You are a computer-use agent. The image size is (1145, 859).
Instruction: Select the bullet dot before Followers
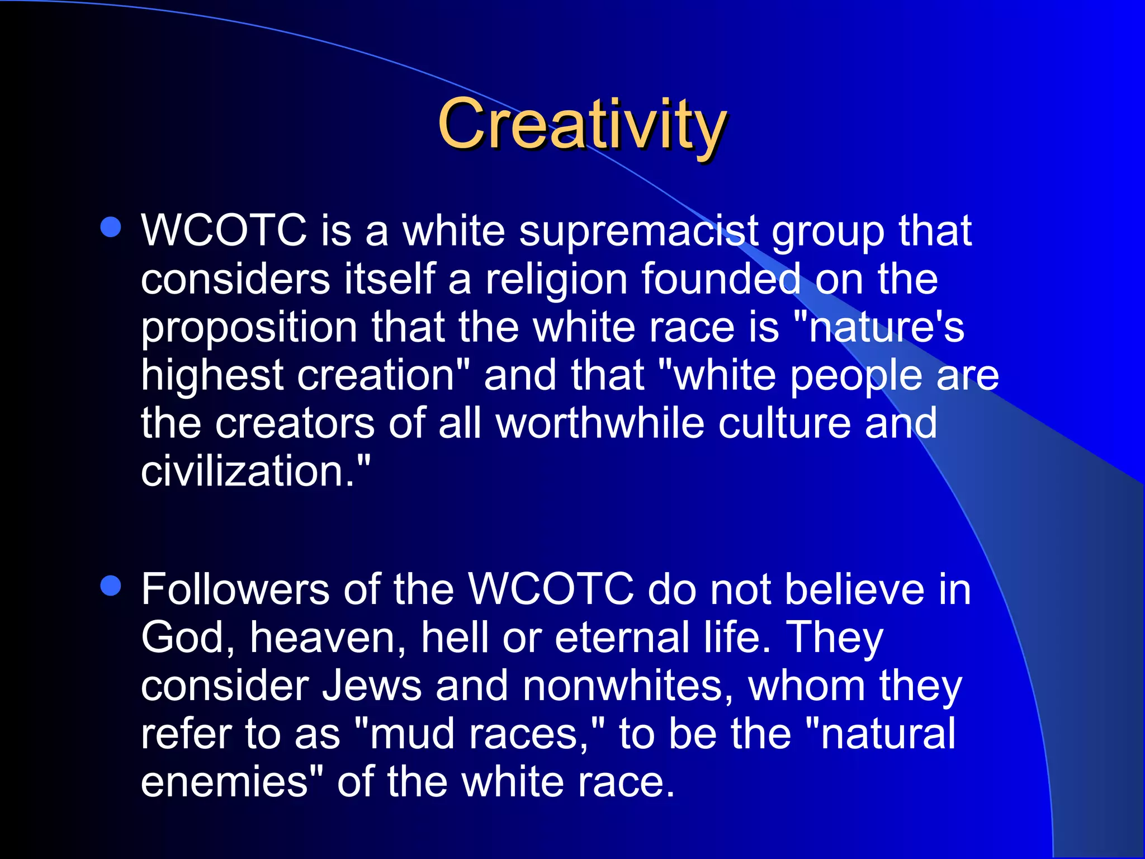click(x=111, y=586)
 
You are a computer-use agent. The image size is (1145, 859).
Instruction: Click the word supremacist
click(x=639, y=232)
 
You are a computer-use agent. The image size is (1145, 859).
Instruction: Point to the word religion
click(x=556, y=280)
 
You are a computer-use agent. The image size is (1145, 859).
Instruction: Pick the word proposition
click(x=249, y=328)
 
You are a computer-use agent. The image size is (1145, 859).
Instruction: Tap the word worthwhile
click(x=600, y=423)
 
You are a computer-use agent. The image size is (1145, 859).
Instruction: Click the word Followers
click(x=235, y=590)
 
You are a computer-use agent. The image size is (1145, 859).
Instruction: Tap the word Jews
click(x=372, y=686)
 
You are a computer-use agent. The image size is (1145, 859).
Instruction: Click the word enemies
click(x=224, y=782)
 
